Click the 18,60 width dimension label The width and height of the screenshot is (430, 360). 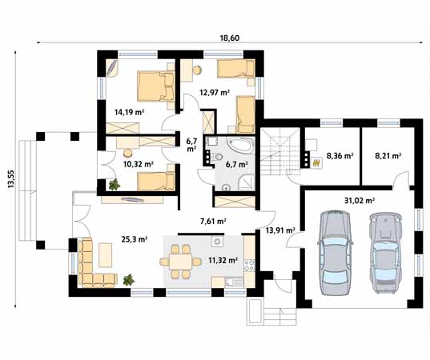coord(230,38)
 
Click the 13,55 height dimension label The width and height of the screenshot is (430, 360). coord(11,179)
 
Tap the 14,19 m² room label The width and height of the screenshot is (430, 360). coord(130,112)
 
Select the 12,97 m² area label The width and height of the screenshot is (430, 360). coord(215,93)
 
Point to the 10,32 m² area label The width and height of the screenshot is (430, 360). coord(139,164)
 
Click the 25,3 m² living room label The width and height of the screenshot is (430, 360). coord(135,239)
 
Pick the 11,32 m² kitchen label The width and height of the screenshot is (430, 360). coord(223,260)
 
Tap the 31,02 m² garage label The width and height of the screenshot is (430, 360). coord(360,201)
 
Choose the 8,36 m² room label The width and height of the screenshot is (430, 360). coord(340,156)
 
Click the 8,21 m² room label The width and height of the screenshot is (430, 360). coord(388,156)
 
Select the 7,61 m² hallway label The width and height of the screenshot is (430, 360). coord(213,221)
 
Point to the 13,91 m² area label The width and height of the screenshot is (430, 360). coord(280,230)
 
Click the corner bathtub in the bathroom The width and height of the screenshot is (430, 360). coord(241,146)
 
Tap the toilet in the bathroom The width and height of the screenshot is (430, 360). coord(219,158)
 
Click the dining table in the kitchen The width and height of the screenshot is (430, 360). coord(180,262)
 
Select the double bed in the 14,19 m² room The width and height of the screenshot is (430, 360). coord(156,86)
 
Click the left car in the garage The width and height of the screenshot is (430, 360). coord(335,252)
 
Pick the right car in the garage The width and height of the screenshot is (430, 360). coord(385,252)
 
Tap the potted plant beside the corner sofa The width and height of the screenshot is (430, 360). coord(128,280)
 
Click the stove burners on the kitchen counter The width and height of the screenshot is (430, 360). coord(249,265)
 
